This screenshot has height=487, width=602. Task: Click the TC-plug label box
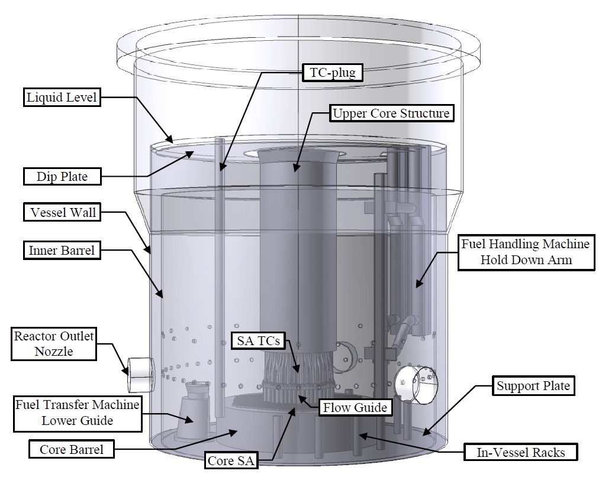point(331,73)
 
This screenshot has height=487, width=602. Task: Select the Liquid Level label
point(62,98)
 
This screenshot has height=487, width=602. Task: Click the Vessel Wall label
point(61,212)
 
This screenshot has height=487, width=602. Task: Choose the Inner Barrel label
point(61,250)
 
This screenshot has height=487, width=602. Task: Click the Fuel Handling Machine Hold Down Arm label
point(526,251)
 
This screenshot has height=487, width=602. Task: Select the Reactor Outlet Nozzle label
point(54,345)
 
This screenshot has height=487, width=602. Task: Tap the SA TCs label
point(257,340)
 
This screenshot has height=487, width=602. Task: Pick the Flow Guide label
point(354,407)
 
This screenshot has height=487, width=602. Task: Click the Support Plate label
point(533,387)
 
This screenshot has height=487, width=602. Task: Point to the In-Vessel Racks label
point(520,453)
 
